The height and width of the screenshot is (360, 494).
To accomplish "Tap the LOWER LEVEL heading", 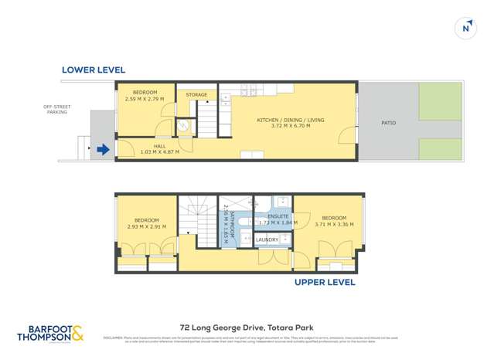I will coord(93,70).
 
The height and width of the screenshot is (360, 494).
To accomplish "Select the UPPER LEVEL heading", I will coord(325,283).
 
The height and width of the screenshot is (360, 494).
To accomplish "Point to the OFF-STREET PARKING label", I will coord(56,109).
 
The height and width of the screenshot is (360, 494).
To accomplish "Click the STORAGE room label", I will coord(197,95).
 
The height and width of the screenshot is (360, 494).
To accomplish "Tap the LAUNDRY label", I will coord(267,239).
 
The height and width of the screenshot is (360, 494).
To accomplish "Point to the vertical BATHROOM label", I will coord(225,224).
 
